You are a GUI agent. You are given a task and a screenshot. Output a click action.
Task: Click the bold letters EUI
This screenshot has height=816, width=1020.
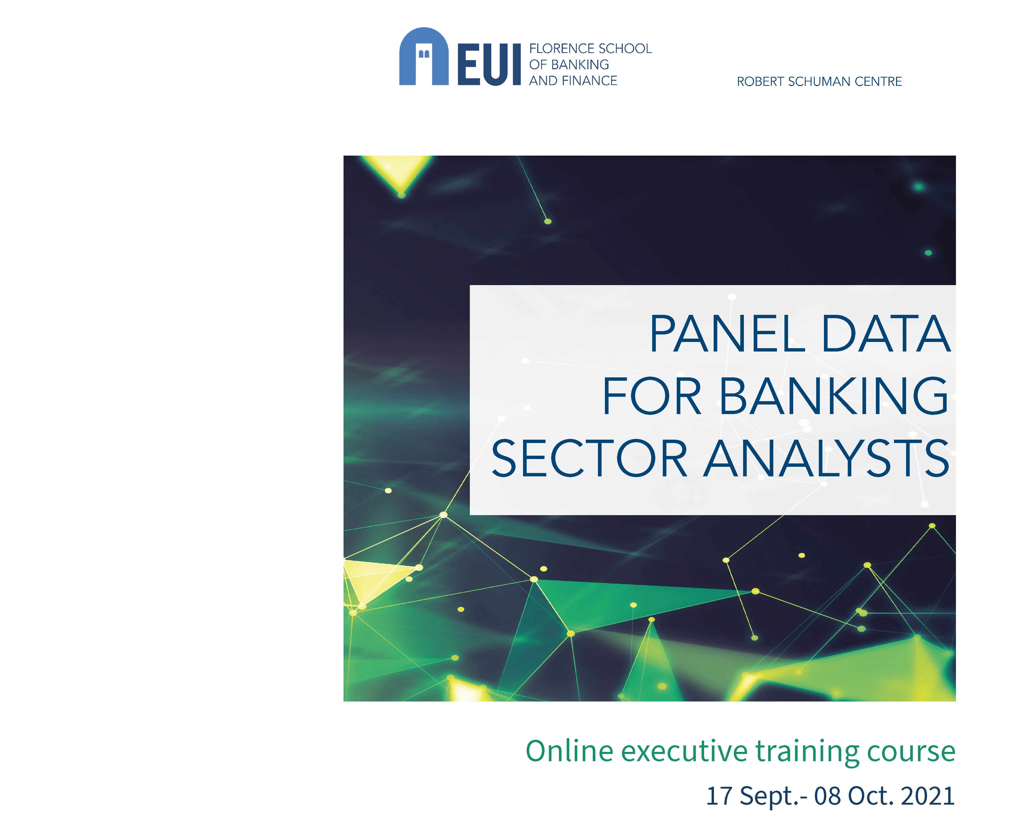pyautogui.click(x=489, y=64)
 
